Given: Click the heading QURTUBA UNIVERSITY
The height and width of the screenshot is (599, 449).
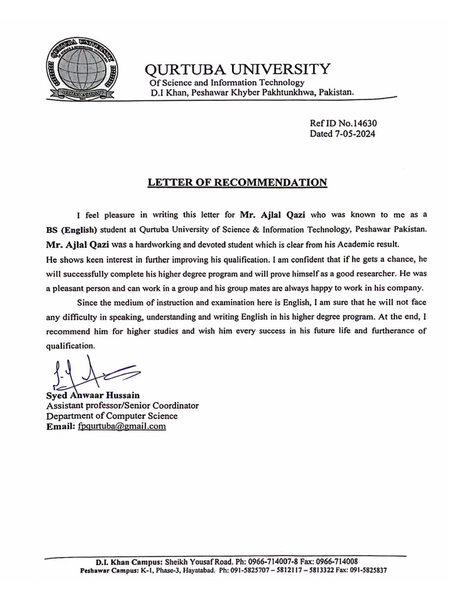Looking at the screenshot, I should coord(237,69).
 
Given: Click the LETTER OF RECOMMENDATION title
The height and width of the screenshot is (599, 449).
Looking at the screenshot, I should coord(237,182).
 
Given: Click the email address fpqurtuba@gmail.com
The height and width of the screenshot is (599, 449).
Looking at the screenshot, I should coord(122,426).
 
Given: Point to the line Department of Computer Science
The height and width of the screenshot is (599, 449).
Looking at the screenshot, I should coord(112,416).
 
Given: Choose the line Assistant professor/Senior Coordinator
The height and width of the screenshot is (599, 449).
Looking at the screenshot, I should coord(122,405).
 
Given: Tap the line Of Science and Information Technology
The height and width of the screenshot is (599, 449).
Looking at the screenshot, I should coord(227,82).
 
